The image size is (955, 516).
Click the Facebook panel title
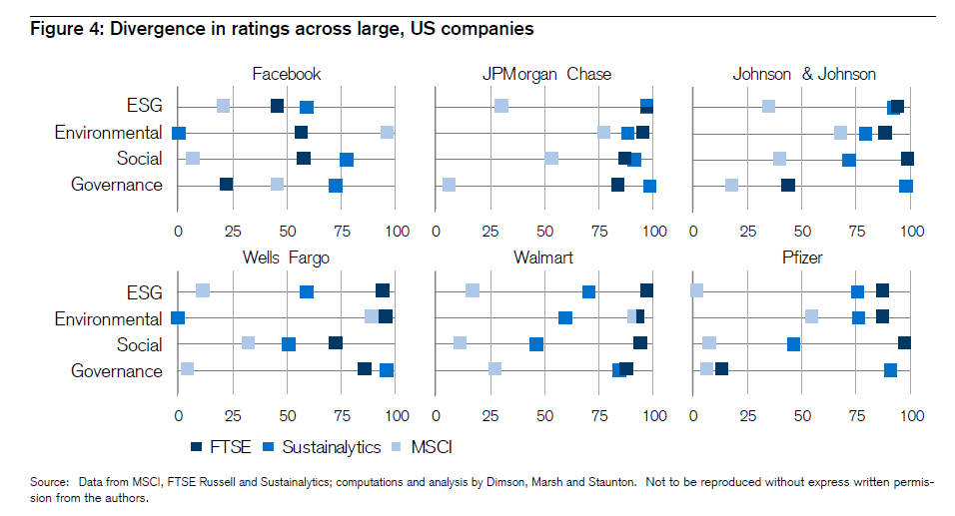287,74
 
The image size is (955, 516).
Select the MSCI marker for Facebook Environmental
387,133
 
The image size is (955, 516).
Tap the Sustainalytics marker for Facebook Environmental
179,133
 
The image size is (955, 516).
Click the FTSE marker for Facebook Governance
227,184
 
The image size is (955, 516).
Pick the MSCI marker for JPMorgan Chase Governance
449,184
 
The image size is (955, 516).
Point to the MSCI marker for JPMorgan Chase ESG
501,106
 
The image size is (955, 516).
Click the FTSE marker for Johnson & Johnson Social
907,159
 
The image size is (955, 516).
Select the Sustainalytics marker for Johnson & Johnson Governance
905,186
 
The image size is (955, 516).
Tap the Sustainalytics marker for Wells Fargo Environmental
178,317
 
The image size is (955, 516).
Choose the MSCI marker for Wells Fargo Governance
187,369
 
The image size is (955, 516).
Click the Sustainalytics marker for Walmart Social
536,344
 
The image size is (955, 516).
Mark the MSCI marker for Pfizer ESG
696,290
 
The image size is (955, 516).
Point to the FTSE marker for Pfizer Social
904,343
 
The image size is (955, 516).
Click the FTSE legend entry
217,446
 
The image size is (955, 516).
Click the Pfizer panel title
803,258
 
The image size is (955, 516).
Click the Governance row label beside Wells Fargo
117,371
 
